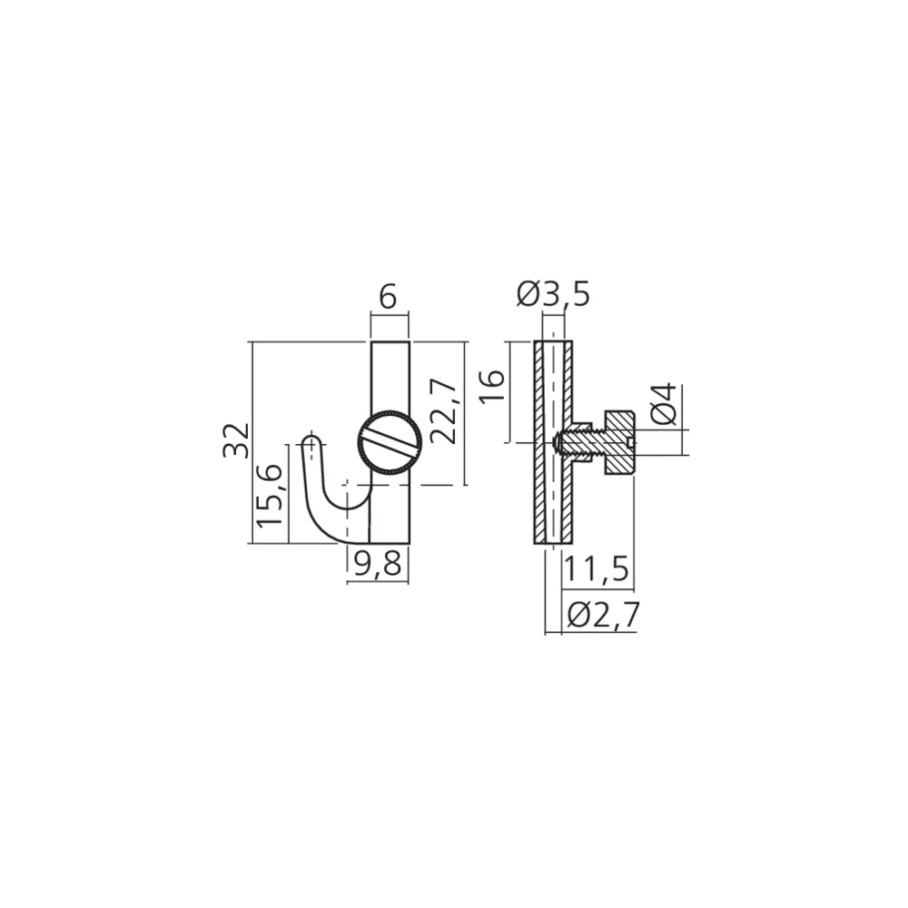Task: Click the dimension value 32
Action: [236, 440]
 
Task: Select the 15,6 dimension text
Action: [270, 495]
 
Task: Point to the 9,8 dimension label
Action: [377, 563]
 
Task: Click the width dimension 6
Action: [388, 298]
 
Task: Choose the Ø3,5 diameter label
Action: [553, 294]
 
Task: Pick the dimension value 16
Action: [493, 386]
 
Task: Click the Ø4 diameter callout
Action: [663, 405]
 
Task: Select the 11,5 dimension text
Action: [596, 568]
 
